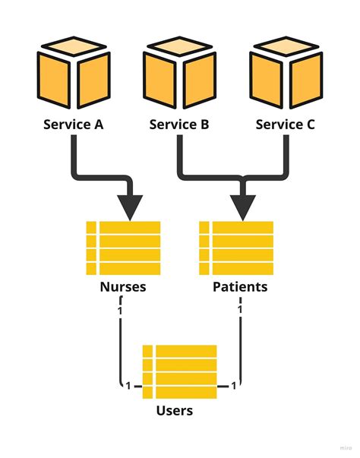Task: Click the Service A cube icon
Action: [73, 77]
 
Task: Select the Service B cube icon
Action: [179, 77]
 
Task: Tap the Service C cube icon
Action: [286, 77]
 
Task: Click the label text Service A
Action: [73, 124]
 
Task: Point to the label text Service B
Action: [179, 124]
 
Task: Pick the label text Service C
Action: [286, 124]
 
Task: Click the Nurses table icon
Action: [123, 248]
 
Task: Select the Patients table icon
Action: [235, 248]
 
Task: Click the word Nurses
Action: [123, 288]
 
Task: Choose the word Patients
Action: [240, 288]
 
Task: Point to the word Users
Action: [175, 411]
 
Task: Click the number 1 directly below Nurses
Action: [120, 311]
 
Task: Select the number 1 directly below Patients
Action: [240, 311]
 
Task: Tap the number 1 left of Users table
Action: [128, 387]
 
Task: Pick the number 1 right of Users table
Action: [232, 387]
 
